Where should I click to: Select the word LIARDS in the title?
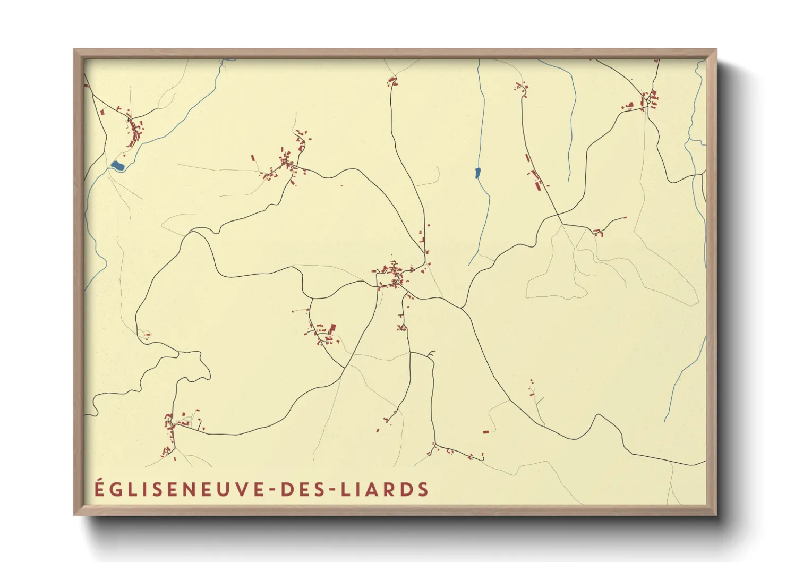click(x=384, y=489)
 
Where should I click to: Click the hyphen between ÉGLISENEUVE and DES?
click(x=271, y=490)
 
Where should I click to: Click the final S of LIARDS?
click(x=423, y=489)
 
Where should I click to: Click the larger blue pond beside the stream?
click(x=117, y=166)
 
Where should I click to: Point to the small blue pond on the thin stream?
click(x=477, y=173)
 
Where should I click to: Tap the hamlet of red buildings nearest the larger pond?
click(x=134, y=130)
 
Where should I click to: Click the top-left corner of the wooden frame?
click(x=74, y=50)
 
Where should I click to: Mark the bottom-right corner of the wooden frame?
click(x=715, y=514)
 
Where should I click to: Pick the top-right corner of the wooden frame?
click(x=715, y=50)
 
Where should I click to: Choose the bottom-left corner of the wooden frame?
click(x=74, y=514)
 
